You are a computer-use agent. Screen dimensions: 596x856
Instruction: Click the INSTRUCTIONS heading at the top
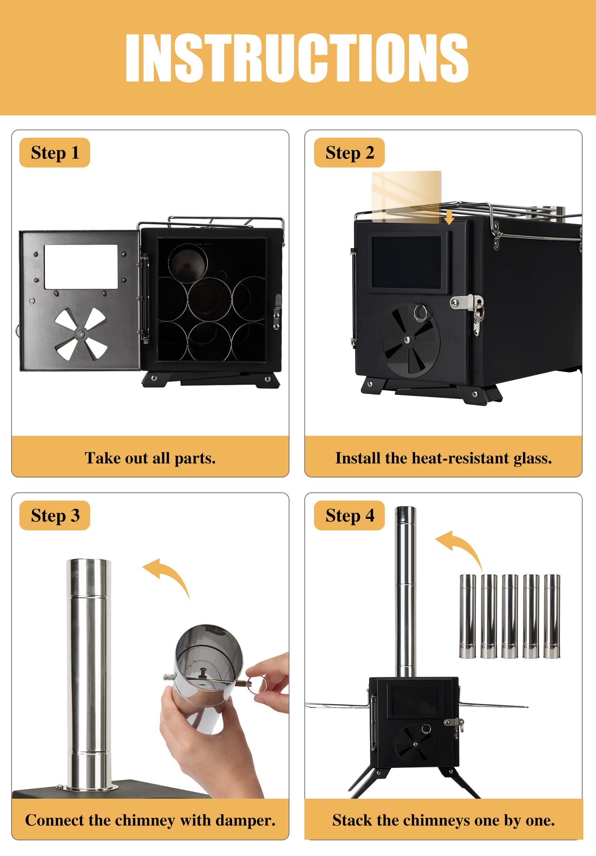(x=297, y=57)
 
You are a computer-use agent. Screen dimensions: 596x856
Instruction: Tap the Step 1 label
(x=55, y=153)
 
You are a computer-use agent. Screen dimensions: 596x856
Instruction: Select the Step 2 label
(x=349, y=153)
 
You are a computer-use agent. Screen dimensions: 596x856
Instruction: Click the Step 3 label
(x=55, y=515)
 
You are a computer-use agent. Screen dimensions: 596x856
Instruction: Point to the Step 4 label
(x=349, y=515)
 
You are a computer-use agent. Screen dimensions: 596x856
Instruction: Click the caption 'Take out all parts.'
(x=150, y=458)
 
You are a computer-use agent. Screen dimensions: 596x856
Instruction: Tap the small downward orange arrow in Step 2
(x=449, y=217)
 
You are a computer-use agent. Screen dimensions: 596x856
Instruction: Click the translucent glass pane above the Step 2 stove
(x=406, y=197)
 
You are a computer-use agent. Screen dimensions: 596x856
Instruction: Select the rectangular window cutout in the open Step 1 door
(x=80, y=266)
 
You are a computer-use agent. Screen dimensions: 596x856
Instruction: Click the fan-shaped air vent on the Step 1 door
(x=80, y=334)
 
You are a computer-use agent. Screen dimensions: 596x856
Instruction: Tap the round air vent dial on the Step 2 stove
(x=409, y=340)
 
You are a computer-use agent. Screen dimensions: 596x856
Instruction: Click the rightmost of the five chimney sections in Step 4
(x=552, y=616)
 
